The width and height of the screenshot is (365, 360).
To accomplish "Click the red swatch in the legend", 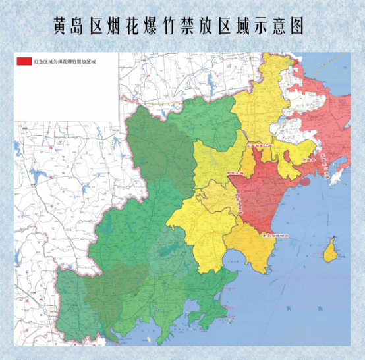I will coord(24,61).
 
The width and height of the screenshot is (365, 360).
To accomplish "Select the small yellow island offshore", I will coord(332,249).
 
